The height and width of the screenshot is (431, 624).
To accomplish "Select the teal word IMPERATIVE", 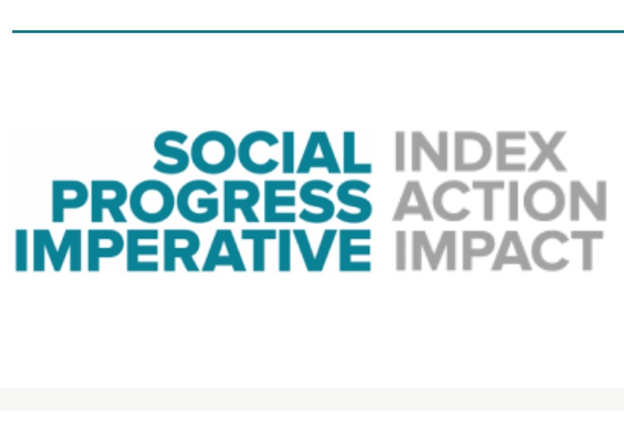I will click(x=193, y=250).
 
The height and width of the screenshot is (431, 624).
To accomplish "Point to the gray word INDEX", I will click(x=480, y=152).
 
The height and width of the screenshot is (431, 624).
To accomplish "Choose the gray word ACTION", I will click(x=499, y=201).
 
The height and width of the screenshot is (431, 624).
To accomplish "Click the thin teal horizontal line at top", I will click(x=318, y=31).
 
